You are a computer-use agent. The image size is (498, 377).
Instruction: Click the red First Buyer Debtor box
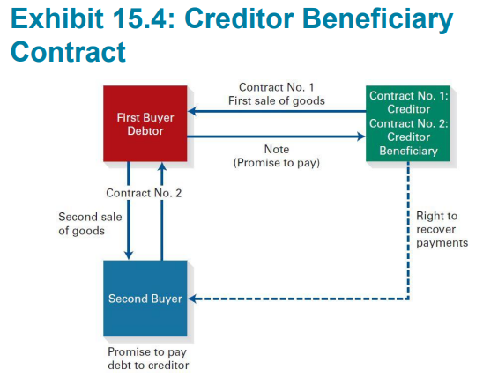pos(145,123)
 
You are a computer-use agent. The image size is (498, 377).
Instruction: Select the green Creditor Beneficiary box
pos(408,123)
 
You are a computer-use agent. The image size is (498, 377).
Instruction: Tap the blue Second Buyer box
pos(145,299)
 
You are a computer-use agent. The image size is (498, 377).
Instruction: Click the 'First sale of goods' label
pos(277,101)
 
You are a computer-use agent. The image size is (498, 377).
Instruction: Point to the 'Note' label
pos(277,149)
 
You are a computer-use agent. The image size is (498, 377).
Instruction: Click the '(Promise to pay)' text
pos(277,163)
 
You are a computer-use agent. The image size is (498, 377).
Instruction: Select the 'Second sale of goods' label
pos(90,224)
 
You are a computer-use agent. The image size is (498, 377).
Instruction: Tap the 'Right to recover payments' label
pos(442,229)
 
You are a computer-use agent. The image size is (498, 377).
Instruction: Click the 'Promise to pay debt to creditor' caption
pos(148,359)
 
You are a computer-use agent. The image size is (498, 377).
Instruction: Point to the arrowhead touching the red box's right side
pos(191,111)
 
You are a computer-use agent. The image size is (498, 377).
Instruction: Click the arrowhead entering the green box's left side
pos(361,137)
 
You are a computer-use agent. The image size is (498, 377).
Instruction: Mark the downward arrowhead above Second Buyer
pos(129,255)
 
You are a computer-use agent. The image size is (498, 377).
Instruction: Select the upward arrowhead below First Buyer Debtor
pos(162,166)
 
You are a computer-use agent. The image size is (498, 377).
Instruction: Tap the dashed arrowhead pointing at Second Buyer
pos(192,299)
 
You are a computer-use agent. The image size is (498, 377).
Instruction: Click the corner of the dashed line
pos(408,299)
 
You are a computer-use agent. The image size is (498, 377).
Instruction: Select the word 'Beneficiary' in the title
pos(378,20)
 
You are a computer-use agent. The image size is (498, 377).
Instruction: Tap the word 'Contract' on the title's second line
pos(68,52)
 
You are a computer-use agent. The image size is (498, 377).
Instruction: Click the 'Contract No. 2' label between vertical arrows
pos(144,193)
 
